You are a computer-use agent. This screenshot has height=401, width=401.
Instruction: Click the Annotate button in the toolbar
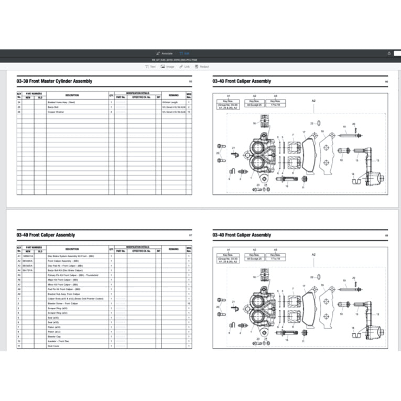pos(165,53)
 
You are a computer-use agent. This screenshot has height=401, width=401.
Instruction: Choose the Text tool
pos(150,67)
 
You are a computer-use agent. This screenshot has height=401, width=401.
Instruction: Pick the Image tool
pos(168,67)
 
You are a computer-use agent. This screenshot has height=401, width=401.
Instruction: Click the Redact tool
pos(201,67)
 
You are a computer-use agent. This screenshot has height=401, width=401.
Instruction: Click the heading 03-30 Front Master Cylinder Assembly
pos(55,81)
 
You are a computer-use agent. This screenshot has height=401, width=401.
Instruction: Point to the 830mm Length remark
pos(170,102)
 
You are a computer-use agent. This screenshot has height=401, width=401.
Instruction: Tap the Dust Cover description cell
pos(55,346)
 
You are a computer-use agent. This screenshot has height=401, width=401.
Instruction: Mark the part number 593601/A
pos(27,256)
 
